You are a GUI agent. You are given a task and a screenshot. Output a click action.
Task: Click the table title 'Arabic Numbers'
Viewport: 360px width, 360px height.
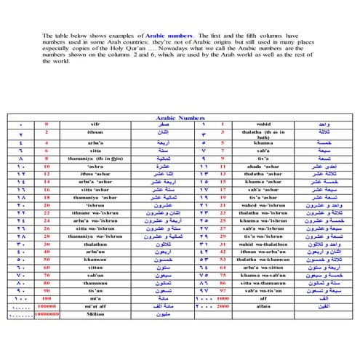(x=180, y=116)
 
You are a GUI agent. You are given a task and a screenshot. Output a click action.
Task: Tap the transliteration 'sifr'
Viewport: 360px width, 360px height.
(x=96, y=124)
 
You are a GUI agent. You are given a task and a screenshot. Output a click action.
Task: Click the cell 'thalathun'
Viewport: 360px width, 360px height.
(x=96, y=244)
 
